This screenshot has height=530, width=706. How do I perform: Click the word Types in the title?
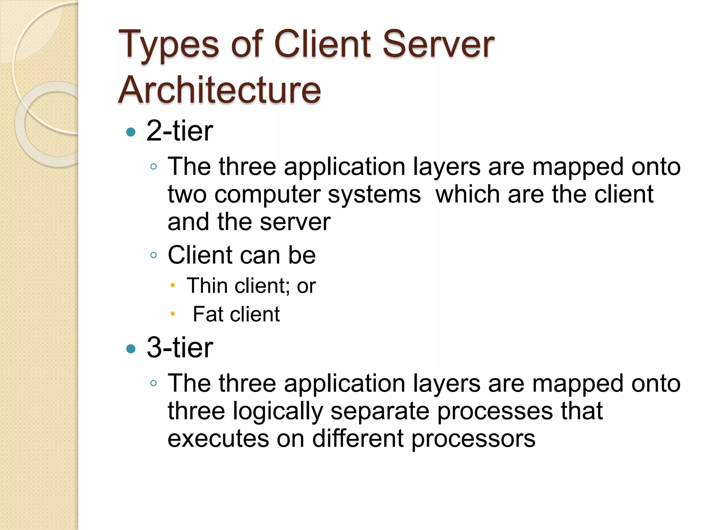point(169,45)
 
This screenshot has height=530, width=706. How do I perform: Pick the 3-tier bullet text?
point(180,348)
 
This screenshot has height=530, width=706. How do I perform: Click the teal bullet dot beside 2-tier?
point(131,132)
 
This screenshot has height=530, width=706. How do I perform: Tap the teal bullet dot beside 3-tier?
point(131,349)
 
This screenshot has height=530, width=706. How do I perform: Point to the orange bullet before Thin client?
point(173,285)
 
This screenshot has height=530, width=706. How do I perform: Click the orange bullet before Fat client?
point(173,314)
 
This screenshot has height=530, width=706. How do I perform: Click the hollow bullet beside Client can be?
point(154,256)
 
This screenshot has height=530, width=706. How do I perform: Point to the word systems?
point(374,195)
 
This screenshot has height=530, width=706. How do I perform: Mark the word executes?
point(218,439)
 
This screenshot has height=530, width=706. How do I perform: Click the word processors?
point(473,439)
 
